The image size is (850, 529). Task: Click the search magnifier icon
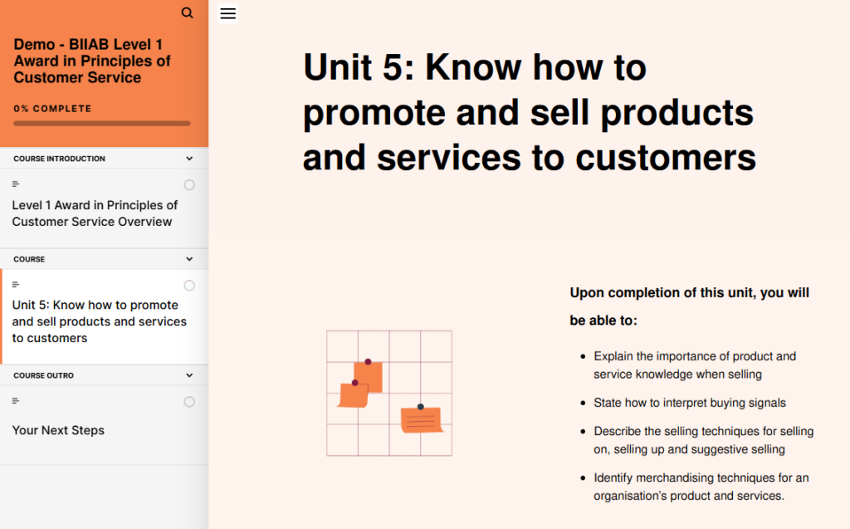click(187, 12)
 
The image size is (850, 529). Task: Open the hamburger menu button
click(228, 13)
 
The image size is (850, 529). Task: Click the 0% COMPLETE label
click(52, 109)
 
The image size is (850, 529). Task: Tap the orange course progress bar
click(102, 124)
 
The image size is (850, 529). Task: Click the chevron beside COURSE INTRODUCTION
click(189, 159)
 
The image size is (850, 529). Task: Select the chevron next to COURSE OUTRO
click(189, 375)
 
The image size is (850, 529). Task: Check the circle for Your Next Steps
click(189, 402)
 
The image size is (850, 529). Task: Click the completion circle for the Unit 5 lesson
click(189, 286)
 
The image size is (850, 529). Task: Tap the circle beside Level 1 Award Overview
click(189, 185)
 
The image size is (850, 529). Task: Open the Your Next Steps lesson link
click(59, 430)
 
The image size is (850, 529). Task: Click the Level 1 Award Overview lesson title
click(95, 213)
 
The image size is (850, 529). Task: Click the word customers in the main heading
click(666, 158)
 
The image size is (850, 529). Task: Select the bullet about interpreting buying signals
click(690, 403)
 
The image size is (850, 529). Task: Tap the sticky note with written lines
click(421, 419)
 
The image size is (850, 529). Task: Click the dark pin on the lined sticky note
click(421, 406)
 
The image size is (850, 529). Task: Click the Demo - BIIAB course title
click(92, 61)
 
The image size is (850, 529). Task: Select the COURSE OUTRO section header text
click(43, 375)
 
